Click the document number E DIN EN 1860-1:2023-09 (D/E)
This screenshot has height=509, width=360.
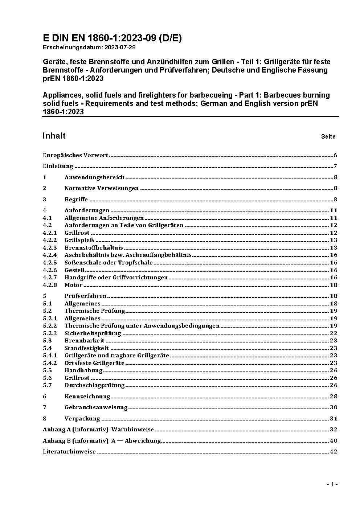112,38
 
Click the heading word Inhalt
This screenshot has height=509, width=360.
54,136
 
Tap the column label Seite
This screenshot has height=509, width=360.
328,137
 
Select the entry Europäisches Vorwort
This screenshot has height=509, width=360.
75,155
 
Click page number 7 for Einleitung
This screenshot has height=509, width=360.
336,166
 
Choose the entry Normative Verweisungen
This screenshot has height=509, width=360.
102,188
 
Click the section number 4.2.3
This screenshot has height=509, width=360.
50,248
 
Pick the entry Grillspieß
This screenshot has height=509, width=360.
79,240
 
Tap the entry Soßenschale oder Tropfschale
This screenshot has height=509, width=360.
109,263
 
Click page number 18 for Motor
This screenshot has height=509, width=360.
334,285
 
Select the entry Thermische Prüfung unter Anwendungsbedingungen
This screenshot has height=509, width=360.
142,326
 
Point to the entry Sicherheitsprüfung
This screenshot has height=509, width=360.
93,333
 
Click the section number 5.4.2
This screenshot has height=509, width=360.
50,363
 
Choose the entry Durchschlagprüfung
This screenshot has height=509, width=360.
94,385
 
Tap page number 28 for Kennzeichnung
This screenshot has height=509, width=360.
334,397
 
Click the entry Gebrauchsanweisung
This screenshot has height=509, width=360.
96,407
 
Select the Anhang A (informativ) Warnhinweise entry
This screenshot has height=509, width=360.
98,430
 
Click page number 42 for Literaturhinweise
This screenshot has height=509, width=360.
334,452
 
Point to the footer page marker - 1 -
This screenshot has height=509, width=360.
332,484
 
